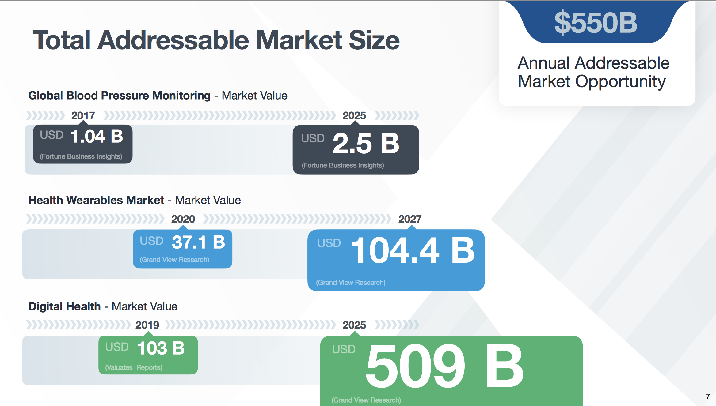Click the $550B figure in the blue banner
tap(596, 23)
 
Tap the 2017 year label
tap(83, 116)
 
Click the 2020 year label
tap(183, 219)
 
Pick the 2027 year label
tap(410, 219)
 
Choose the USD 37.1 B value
tap(183, 242)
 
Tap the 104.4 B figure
tap(413, 250)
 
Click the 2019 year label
tap(147, 325)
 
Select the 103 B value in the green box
tap(161, 348)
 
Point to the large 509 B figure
tap(445, 366)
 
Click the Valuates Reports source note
tap(134, 367)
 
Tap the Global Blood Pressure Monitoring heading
tap(119, 96)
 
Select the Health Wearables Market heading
tap(96, 200)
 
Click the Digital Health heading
tap(64, 306)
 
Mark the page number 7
tap(708, 396)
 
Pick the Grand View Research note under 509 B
tap(366, 400)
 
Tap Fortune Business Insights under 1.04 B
tap(81, 156)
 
